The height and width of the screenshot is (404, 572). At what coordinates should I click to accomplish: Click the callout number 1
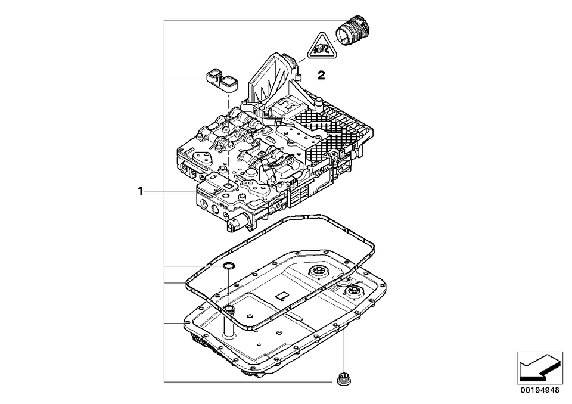[141, 191]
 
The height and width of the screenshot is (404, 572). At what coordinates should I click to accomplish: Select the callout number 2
[321, 75]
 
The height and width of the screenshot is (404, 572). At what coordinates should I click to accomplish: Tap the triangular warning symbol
[321, 48]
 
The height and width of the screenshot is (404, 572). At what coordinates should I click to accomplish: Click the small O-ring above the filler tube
[228, 266]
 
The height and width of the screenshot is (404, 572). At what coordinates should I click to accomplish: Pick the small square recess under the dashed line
[229, 186]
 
